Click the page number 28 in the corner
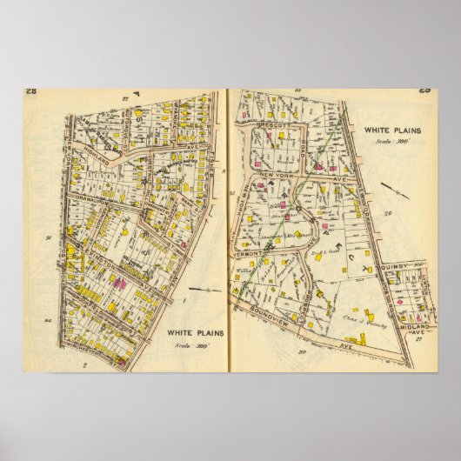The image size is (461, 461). (x=30, y=93)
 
